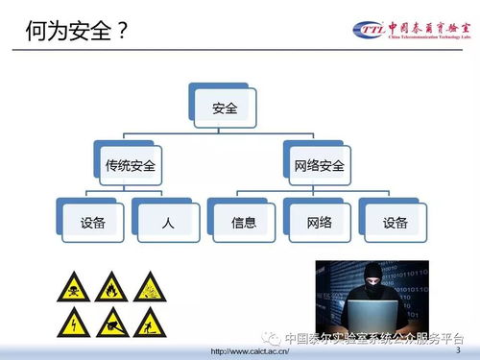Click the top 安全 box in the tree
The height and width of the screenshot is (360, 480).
pos(225,108)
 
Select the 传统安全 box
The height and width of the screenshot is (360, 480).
pos(131,165)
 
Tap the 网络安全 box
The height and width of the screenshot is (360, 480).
pos(319,165)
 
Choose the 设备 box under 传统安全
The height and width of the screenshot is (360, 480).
pos(92,223)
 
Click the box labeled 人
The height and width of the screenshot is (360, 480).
pos(168,223)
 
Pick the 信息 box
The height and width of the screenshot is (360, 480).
pos(244,223)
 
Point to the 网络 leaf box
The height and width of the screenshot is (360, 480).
pos(319,223)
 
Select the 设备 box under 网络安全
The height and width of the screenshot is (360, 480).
pos(395,223)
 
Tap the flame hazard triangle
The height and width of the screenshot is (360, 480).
pos(112,286)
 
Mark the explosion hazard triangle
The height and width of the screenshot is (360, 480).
pos(150,286)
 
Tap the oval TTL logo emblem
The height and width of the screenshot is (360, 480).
pos(369,30)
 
